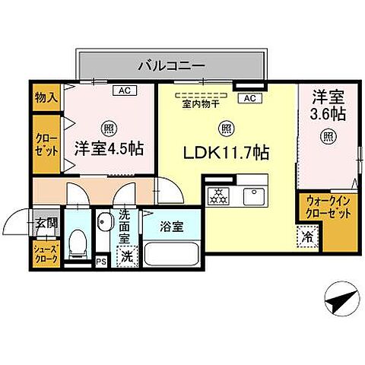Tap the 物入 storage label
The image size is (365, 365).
[x=46, y=97]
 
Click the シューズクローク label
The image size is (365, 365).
[x=46, y=254]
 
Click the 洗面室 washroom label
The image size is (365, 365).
[x=125, y=226]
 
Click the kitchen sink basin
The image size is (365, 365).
[x=252, y=195]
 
